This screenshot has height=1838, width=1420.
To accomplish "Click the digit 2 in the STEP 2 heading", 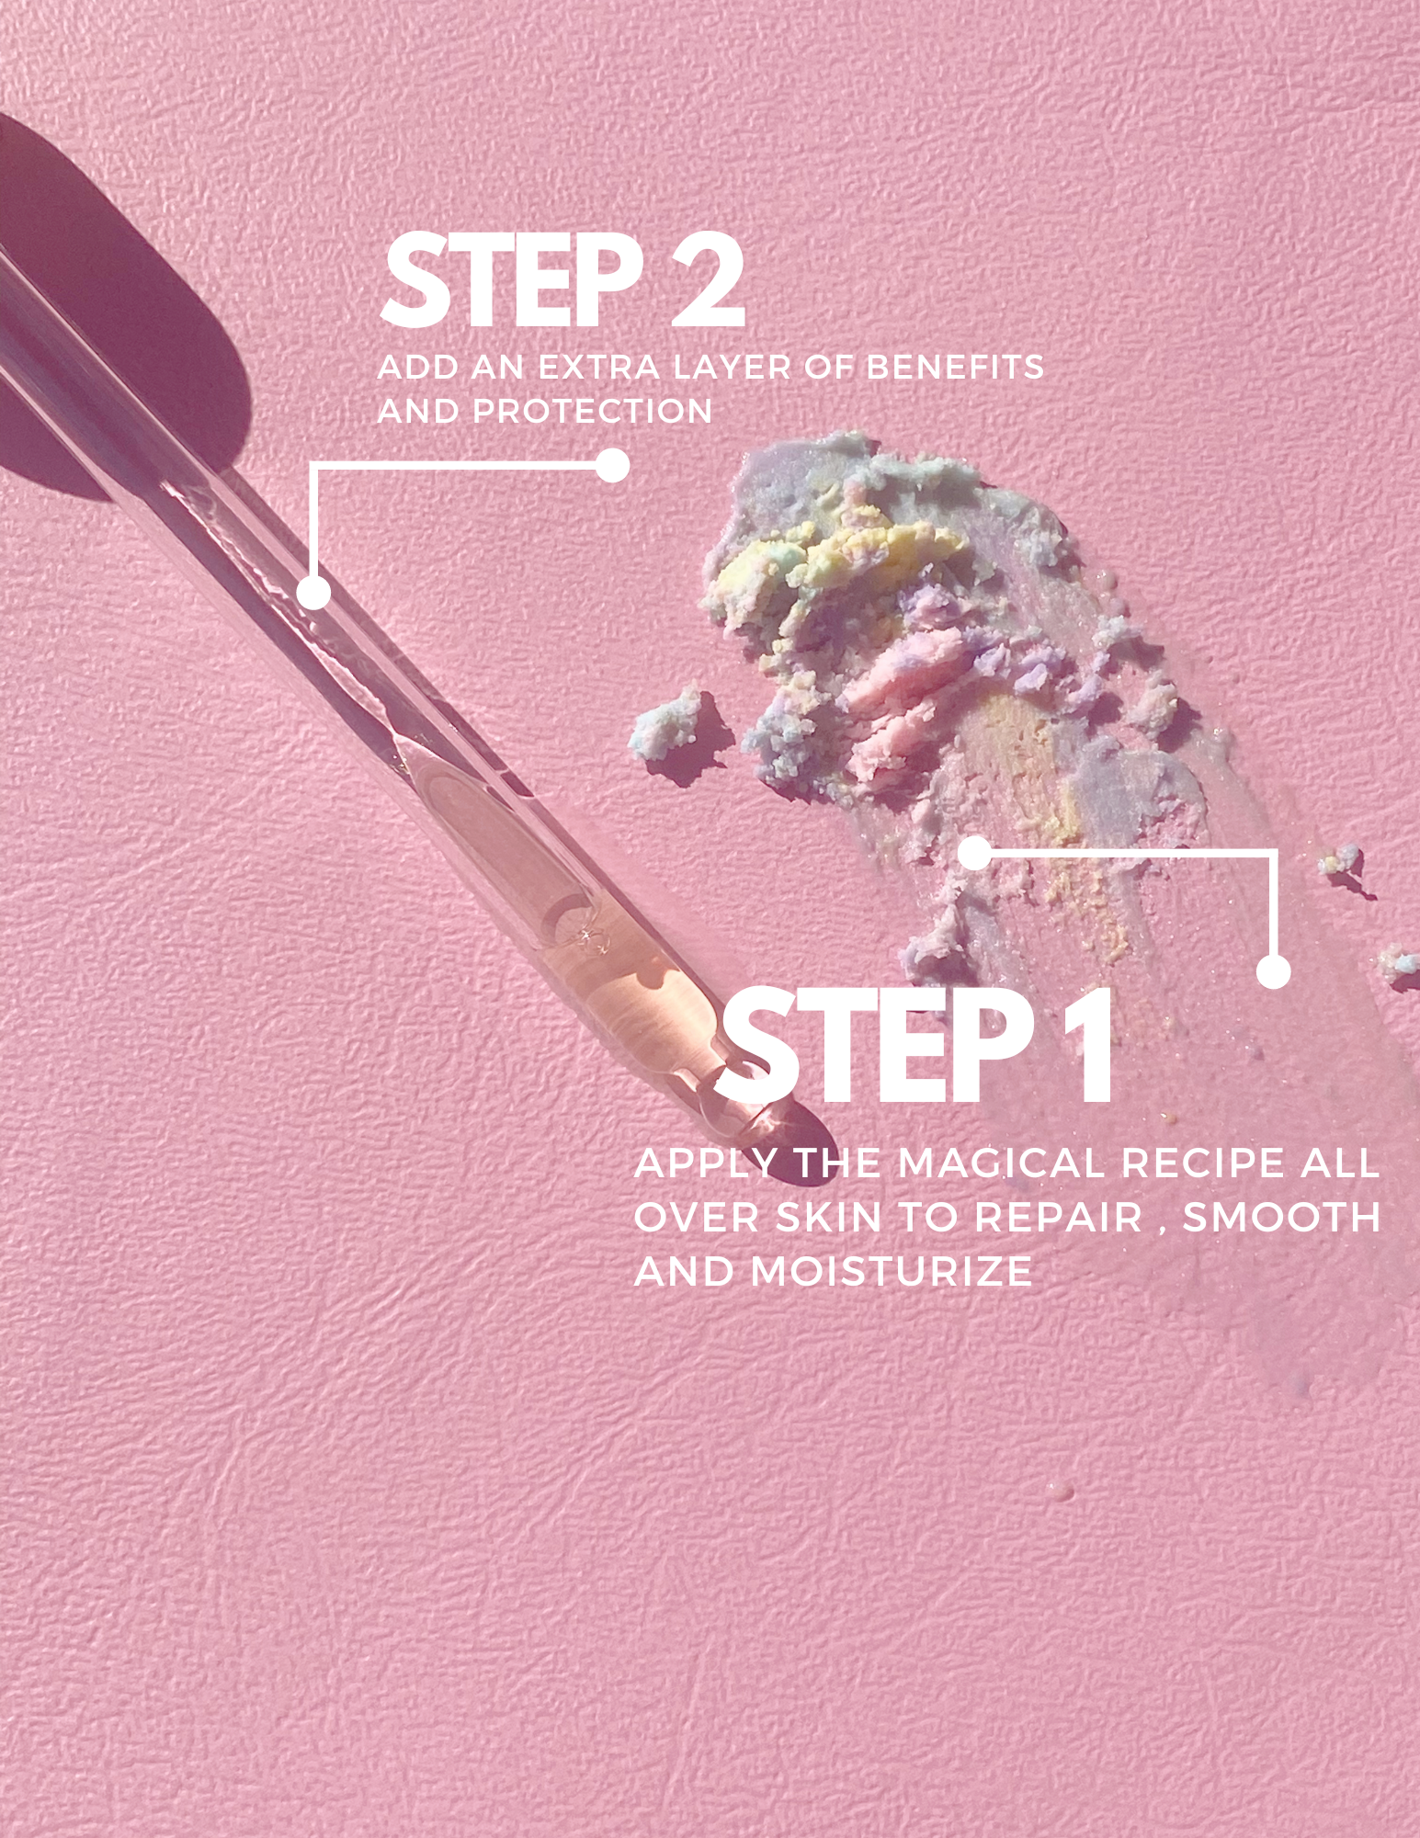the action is pyautogui.click(x=706, y=280).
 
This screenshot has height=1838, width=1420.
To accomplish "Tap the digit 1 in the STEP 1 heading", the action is pyautogui.click(x=1089, y=1046).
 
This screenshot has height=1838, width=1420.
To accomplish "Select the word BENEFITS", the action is pyautogui.click(x=956, y=368).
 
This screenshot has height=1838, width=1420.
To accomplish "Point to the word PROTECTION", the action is pyautogui.click(x=593, y=411).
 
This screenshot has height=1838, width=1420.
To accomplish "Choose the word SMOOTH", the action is pyautogui.click(x=1281, y=1218).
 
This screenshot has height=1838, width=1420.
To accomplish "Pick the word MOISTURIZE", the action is pyautogui.click(x=892, y=1272).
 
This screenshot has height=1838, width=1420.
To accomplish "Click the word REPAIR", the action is pyautogui.click(x=1059, y=1218).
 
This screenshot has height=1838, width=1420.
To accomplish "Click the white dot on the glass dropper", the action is pyautogui.click(x=314, y=592).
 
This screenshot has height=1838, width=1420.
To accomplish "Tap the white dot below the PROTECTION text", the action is pyautogui.click(x=612, y=466).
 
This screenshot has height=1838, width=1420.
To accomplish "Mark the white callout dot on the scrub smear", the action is pyautogui.click(x=975, y=854).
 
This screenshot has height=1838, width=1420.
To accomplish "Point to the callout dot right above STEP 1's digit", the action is pyautogui.click(x=1273, y=972).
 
